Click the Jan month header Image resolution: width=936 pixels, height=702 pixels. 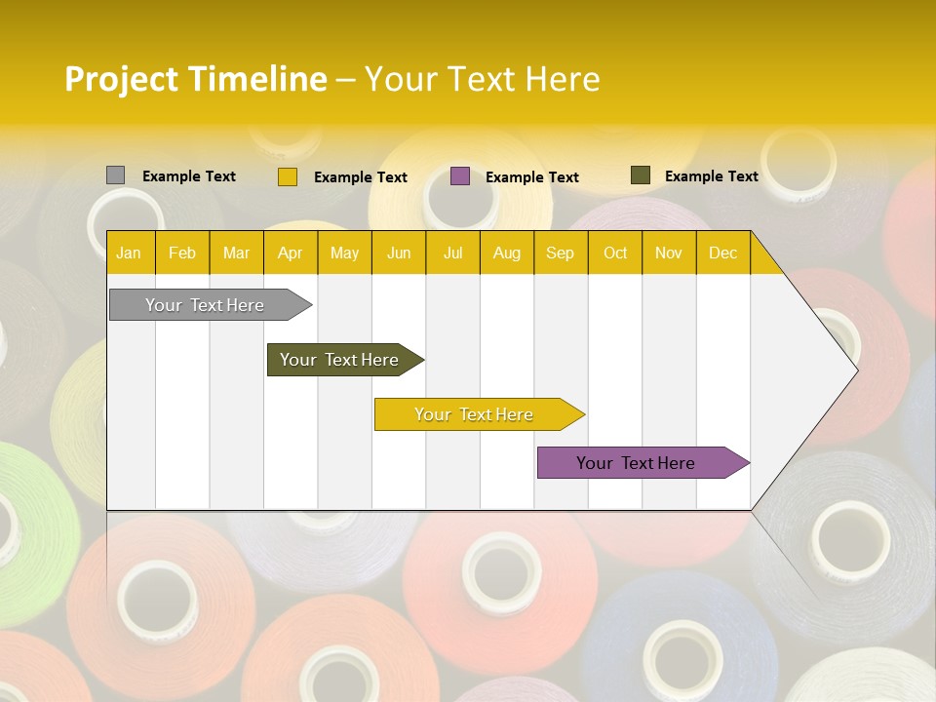(x=129, y=253)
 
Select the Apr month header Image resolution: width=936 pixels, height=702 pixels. (x=290, y=253)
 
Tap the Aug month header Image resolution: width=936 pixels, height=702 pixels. (x=506, y=253)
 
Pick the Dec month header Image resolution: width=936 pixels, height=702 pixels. (x=722, y=253)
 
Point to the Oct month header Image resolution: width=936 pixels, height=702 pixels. (x=614, y=253)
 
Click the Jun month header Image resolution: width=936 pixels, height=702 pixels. (x=398, y=253)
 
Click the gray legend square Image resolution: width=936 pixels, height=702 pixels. (x=115, y=175)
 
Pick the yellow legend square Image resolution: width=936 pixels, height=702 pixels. (x=287, y=176)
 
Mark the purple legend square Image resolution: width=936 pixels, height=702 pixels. (x=460, y=176)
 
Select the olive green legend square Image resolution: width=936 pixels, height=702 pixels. (x=640, y=175)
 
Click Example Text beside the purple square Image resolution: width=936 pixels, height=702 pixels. (x=531, y=177)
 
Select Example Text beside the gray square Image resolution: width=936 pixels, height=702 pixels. (x=188, y=176)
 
